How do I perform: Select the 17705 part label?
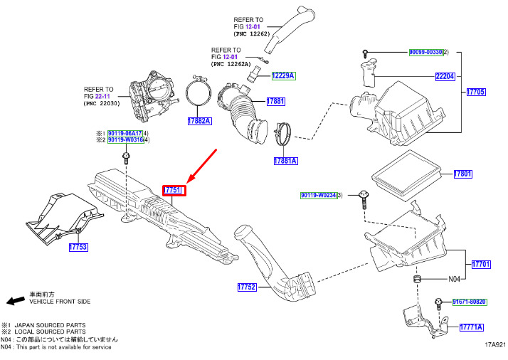pyautogui.click(x=476, y=92)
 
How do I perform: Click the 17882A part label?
pyautogui.click(x=200, y=121)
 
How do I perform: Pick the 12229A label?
pyautogui.click(x=282, y=75)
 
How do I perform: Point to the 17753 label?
pyautogui.click(x=78, y=248)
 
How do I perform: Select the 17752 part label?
pyautogui.click(x=247, y=287)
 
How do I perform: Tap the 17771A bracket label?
pyautogui.click(x=471, y=327)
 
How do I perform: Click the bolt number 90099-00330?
pyautogui.click(x=425, y=53)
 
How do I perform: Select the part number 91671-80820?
pyautogui.click(x=469, y=302)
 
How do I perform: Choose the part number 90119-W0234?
pyautogui.click(x=317, y=195)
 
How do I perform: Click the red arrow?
pyautogui.click(x=201, y=165)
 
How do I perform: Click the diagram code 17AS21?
pyautogui.click(x=494, y=344)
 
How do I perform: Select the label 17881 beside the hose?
pyautogui.click(x=275, y=102)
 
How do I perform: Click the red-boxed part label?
pyautogui.click(x=174, y=191)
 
